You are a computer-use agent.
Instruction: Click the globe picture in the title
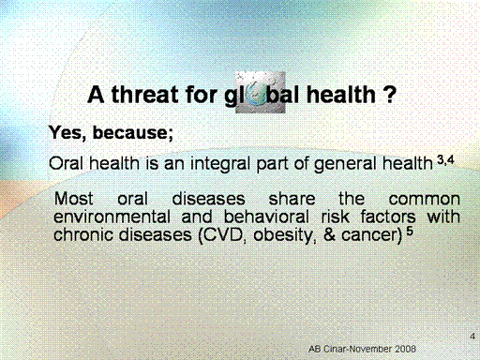[261, 92]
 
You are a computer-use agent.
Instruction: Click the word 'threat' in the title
[145, 95]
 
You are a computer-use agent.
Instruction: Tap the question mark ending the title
[389, 95]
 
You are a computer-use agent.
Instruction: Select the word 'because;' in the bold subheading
[133, 132]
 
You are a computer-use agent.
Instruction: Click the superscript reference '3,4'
[445, 160]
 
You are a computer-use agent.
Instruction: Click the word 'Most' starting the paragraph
[74, 199]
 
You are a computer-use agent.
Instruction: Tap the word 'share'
[292, 199]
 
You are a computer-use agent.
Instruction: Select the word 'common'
[425, 200]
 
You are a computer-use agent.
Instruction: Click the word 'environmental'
[112, 217]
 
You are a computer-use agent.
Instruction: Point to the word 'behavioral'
[266, 217]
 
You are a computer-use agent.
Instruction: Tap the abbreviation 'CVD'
[223, 235]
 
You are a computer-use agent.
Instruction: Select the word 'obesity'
[282, 235]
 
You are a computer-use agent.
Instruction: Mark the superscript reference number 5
[410, 232]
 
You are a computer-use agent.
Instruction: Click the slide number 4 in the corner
[472, 337]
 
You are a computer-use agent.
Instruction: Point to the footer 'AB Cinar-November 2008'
[362, 349]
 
